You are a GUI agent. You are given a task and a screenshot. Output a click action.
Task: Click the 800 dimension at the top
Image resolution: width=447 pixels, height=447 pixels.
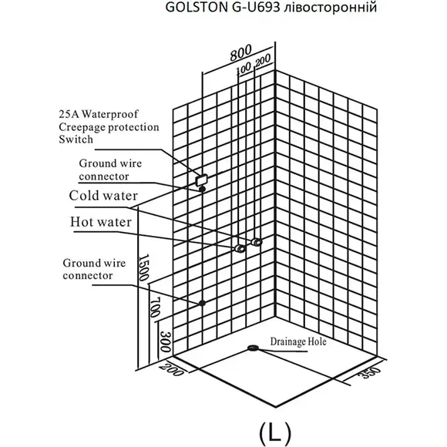click(x=241, y=52)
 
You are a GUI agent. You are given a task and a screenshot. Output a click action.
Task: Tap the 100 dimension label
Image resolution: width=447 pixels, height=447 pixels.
click(x=244, y=69)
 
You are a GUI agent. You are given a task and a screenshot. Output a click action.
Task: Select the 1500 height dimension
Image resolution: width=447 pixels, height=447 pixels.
click(x=143, y=267)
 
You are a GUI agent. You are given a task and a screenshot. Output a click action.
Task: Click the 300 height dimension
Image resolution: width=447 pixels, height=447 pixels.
click(x=166, y=341)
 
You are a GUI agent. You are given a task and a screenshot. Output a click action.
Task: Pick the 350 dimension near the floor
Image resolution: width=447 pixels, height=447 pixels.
click(x=369, y=372)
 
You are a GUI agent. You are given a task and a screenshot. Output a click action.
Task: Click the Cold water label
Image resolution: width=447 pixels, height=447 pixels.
click(x=103, y=196)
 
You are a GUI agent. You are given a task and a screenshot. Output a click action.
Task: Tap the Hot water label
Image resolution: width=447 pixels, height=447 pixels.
click(x=101, y=222)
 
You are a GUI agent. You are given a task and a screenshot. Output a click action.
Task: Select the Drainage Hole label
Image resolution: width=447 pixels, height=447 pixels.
click(x=298, y=341)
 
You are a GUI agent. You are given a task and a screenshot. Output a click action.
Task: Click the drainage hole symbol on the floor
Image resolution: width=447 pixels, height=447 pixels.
click(x=253, y=348)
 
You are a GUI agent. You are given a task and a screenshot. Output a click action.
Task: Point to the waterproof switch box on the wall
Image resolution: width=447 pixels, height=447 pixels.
click(x=202, y=180)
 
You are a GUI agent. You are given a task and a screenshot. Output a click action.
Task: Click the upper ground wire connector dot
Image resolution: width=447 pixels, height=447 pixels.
click(x=202, y=189)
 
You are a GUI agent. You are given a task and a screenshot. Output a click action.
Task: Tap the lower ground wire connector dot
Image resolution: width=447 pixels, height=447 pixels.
click(x=202, y=303)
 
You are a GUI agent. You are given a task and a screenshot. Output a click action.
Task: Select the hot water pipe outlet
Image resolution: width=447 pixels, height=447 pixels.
click(x=240, y=248)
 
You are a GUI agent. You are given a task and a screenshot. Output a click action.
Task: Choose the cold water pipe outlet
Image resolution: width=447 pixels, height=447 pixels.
click(x=257, y=242)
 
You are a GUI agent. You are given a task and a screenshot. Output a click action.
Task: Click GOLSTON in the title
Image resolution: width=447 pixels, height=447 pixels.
click(x=196, y=8)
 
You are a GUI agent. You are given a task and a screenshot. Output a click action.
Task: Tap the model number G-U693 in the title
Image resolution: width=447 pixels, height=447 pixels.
click(x=254, y=8)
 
